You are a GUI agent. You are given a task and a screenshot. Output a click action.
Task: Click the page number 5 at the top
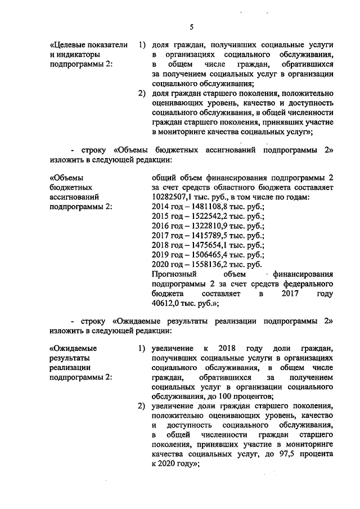[x=191, y=27]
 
